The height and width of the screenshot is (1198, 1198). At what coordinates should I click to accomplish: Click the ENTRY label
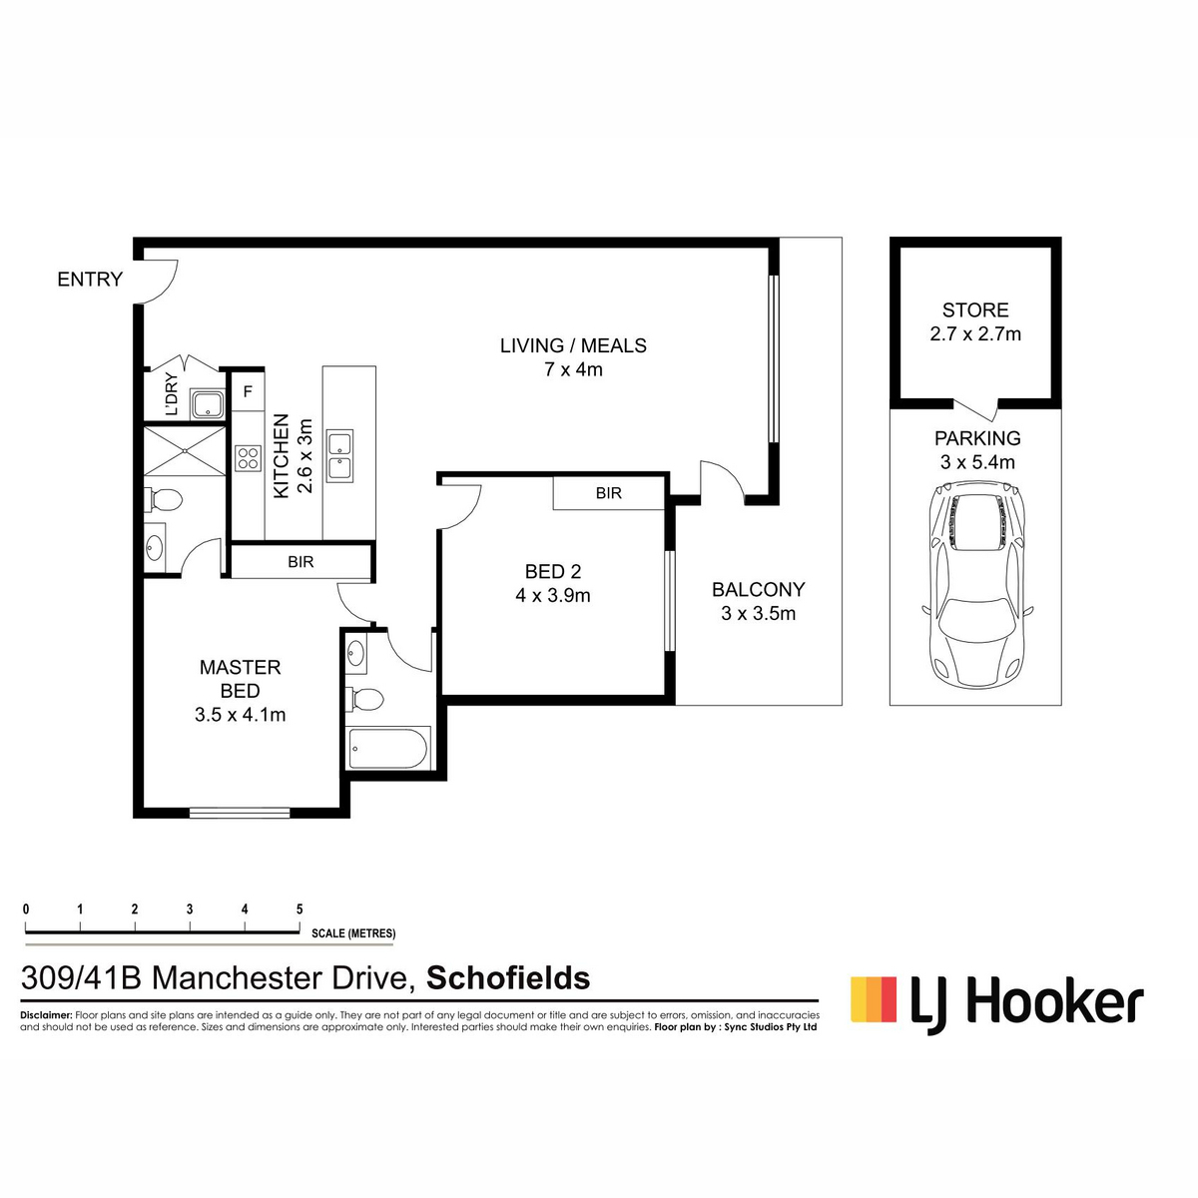90,280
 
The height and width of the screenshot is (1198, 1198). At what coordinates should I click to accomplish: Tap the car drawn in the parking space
978,585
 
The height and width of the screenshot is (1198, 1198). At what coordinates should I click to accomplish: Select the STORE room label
974,309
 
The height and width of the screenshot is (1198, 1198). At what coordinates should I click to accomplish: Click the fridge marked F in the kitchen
248,391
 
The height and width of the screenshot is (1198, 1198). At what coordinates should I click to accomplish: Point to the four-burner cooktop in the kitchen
248,459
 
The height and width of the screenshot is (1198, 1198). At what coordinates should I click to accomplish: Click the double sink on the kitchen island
340,455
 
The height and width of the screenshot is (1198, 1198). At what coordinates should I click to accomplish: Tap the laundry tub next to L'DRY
208,404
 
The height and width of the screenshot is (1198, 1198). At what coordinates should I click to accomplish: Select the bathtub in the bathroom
388,749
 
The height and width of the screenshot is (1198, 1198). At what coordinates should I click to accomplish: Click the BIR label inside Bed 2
609,493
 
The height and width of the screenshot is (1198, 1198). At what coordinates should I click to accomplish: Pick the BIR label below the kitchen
300,562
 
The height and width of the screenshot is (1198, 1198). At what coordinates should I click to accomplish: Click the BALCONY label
759,589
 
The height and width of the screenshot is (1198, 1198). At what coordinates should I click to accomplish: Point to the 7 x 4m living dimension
573,369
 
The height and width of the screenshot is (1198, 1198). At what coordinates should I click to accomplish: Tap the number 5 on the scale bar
299,908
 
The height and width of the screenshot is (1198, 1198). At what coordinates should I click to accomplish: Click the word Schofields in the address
508,978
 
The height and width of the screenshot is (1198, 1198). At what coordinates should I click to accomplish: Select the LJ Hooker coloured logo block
874,999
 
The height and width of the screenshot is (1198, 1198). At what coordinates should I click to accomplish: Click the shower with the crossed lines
185,451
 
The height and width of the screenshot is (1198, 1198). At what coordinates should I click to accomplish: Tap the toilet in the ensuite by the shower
163,498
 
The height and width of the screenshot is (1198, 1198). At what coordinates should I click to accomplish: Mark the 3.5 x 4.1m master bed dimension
240,715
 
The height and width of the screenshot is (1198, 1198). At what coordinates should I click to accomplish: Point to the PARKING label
977,438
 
